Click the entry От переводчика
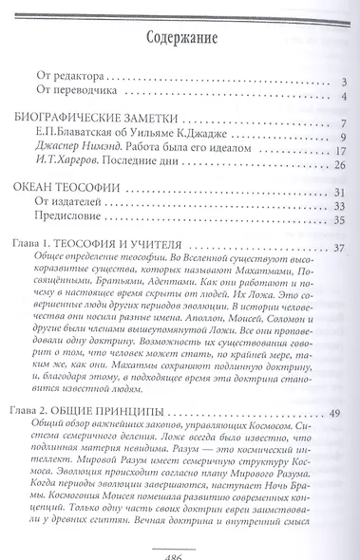click(x=74, y=97)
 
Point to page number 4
click(x=344, y=98)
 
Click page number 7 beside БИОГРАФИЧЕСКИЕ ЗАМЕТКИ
click(x=344, y=124)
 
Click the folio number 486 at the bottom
click(x=180, y=551)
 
